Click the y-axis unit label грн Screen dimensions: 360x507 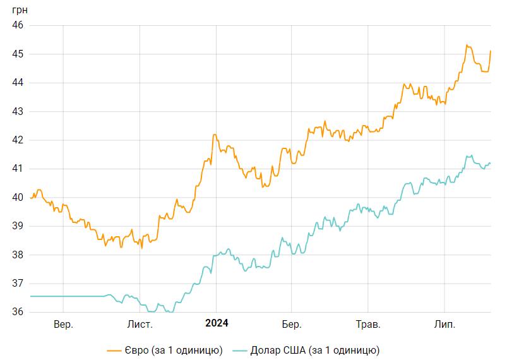pyautogui.click(x=18, y=9)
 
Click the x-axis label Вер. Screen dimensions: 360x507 pyautogui.click(x=63, y=325)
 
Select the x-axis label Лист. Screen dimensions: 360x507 pyautogui.click(x=140, y=325)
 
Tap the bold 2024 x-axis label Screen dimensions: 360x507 pyautogui.click(x=217, y=324)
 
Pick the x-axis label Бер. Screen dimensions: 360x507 pyautogui.click(x=292, y=325)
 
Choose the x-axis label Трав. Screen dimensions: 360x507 pyautogui.click(x=368, y=325)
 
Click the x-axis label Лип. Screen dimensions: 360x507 pyautogui.click(x=445, y=325)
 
